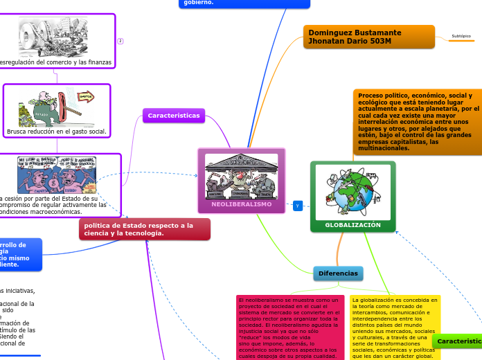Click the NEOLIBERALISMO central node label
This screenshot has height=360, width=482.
(x=242, y=205)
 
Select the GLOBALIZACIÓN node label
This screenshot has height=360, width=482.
(x=353, y=225)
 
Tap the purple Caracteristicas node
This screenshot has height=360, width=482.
(x=173, y=116)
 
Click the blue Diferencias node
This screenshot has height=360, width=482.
(x=338, y=273)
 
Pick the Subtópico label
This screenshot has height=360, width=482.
(x=461, y=36)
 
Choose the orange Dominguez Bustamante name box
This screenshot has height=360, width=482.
(x=369, y=37)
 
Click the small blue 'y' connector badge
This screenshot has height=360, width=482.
(x=297, y=206)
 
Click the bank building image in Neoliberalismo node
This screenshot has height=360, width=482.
(x=242, y=177)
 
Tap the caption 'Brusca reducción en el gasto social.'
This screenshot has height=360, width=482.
(x=56, y=131)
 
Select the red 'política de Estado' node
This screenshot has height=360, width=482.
(x=144, y=229)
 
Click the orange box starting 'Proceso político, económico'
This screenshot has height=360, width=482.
(x=417, y=122)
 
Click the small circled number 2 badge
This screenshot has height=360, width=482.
(x=120, y=41)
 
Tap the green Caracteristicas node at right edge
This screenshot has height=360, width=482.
(x=458, y=342)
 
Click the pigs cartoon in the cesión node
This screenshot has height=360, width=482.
(x=57, y=174)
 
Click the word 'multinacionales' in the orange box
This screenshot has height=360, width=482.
(x=384, y=148)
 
